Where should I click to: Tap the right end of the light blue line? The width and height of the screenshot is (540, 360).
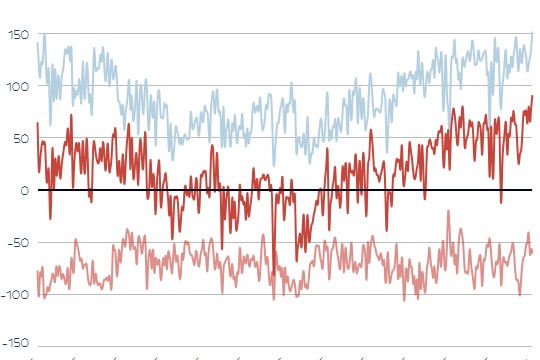coord(532,33)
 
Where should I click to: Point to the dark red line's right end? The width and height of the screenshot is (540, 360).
coord(532,96)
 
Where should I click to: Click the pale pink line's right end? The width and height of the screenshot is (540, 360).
coord(532,251)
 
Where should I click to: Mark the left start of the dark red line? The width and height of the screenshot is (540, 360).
coord(37,123)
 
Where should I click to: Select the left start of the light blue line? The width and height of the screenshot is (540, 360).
coord(37,42)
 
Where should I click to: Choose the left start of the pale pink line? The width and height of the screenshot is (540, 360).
coord(37,271)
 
